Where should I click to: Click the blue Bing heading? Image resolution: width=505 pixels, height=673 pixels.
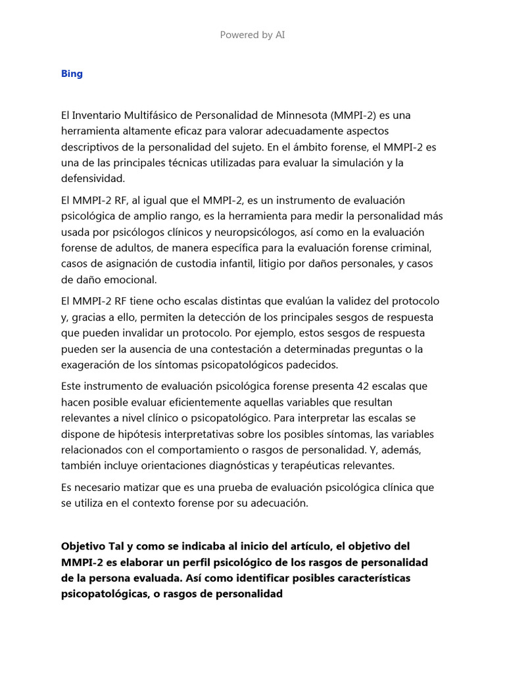[x=72, y=74]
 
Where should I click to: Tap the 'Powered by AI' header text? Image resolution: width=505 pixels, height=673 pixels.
[x=252, y=35]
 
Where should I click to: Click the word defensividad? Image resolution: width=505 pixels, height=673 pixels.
[x=92, y=178]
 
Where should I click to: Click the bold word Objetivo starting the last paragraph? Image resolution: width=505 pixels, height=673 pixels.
[x=84, y=547]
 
